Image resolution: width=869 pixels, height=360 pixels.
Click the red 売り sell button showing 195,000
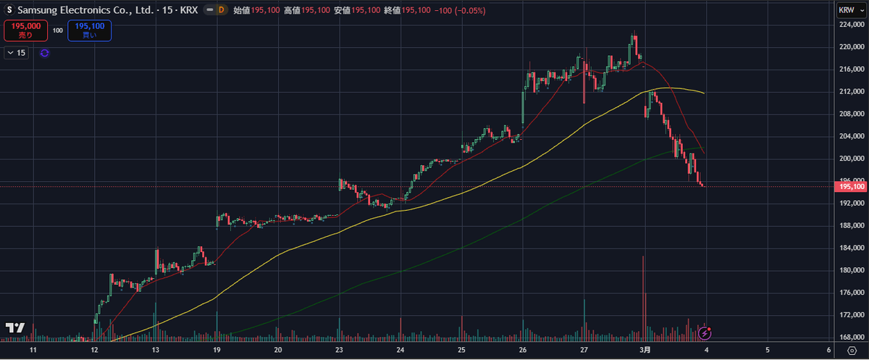[25, 30]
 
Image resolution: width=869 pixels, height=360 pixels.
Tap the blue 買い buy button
[89, 30]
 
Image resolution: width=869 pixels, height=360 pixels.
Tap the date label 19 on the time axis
[217, 349]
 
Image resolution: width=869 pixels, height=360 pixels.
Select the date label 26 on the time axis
[523, 349]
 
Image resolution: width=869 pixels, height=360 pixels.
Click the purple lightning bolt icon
[705, 333]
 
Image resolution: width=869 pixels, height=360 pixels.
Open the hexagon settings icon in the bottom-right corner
[851, 350]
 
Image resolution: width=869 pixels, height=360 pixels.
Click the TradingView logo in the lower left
[15, 328]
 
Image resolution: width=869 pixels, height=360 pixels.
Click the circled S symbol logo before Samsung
[9, 11]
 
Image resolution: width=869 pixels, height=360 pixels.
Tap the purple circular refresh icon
[44, 53]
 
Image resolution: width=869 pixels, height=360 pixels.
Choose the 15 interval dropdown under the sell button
[16, 53]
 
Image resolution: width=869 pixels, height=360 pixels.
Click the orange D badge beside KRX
[221, 11]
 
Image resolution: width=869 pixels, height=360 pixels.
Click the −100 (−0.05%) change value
[460, 11]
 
